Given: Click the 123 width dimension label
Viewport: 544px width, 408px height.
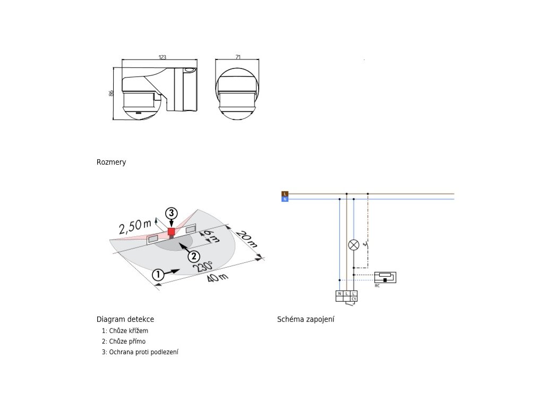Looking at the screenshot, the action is (x=163, y=57).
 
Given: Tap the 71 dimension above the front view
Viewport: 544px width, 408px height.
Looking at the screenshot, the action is (x=237, y=57).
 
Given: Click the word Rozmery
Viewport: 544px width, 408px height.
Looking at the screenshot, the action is (x=111, y=162).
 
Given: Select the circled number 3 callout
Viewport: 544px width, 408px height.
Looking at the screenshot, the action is (x=171, y=213).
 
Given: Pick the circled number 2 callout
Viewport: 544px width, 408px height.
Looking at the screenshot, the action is (x=193, y=256).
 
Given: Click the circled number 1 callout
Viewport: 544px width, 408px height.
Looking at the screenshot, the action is (x=157, y=275).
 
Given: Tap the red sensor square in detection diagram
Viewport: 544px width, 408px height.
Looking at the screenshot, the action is (x=171, y=232).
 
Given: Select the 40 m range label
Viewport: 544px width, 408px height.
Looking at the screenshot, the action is (x=217, y=278).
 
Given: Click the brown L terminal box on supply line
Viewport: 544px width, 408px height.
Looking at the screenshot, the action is (x=285, y=193).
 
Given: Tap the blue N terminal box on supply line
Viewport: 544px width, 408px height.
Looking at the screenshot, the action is (x=285, y=199).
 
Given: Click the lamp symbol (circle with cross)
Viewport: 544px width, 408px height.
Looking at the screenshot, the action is (x=353, y=245).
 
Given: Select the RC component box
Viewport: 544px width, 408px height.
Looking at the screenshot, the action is (x=385, y=277).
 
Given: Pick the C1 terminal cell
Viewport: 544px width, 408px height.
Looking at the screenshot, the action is (x=353, y=299).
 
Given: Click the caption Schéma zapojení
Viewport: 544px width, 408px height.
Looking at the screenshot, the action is (x=305, y=319).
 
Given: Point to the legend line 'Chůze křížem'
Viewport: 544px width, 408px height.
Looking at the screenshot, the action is (x=125, y=331).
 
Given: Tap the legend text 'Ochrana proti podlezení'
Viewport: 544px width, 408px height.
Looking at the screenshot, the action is (x=140, y=352).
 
